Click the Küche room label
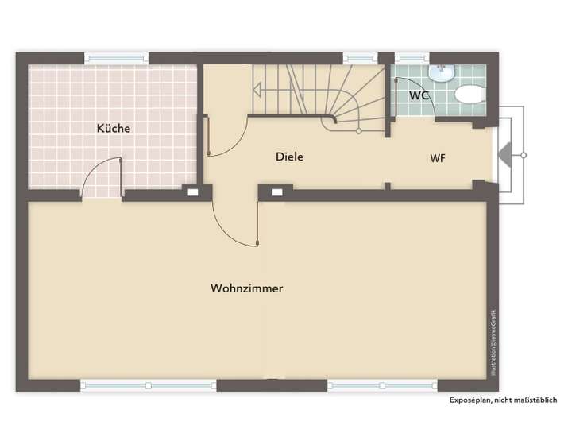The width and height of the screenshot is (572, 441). click(x=113, y=128)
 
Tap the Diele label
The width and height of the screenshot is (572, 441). click(x=289, y=157)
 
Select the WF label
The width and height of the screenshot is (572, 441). click(x=438, y=157)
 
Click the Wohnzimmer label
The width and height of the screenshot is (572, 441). click(x=246, y=288)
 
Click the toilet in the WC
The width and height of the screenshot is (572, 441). click(x=470, y=95)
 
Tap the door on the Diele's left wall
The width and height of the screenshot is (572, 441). click(x=208, y=136)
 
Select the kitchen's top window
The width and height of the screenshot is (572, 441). click(x=116, y=58)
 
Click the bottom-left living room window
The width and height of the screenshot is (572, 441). click(x=148, y=385)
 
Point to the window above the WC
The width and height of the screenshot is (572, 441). click(x=412, y=58)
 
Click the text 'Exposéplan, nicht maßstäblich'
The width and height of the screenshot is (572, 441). click(x=504, y=400)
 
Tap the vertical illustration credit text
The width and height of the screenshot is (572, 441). click(x=493, y=342)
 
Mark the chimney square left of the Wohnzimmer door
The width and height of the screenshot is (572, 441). click(x=191, y=191)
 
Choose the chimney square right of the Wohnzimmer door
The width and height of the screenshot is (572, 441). click(x=277, y=191)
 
